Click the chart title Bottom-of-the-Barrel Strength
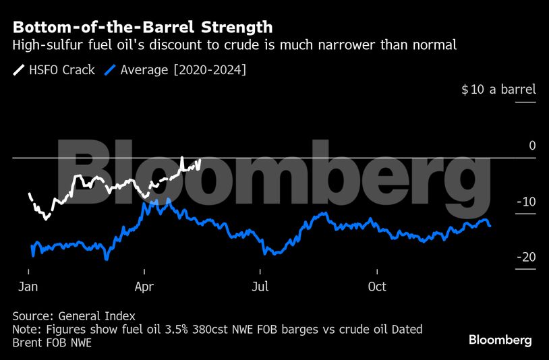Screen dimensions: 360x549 coord(142,28)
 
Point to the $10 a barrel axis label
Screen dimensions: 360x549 coord(498,90)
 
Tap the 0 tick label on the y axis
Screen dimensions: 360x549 coord(531,146)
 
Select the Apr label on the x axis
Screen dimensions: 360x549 coord(144,287)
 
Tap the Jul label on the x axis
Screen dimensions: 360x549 coord(260,287)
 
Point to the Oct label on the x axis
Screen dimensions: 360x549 coord(377,287)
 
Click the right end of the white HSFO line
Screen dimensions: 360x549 coord(200,160)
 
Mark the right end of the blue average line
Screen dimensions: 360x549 coord(490,226)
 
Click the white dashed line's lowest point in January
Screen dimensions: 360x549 coord(46,218)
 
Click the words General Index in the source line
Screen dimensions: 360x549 coord(96,316)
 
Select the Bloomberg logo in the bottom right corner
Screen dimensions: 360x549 coord(500,340)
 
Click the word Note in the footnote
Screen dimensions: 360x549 coord(26,330)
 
